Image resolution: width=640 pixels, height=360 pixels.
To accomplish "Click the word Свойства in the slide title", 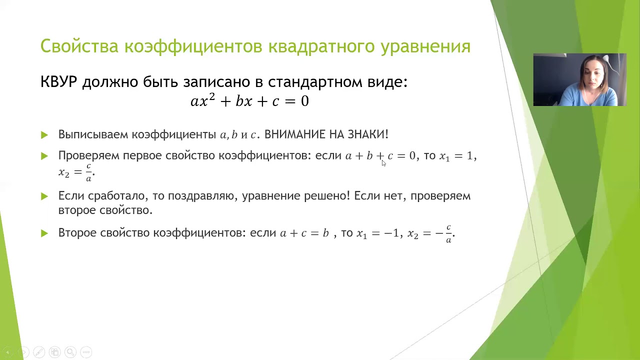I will pos(79,46).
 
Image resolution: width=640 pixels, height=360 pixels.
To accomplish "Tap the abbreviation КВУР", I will pos(58,82).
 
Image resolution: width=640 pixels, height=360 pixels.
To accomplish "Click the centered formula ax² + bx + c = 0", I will pos(249,101).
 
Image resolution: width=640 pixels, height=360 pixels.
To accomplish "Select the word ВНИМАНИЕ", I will pos(294,134).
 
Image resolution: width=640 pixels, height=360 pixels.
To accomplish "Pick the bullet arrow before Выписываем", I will pos(44,135).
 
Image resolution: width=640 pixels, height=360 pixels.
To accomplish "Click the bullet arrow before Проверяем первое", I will pos(44,156).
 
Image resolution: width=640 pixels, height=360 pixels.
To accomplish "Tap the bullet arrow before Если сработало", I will pos(44,196).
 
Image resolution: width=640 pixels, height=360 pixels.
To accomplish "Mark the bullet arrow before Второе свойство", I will pos(44,233).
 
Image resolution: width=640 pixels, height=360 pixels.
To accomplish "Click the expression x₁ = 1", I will pos(456,156).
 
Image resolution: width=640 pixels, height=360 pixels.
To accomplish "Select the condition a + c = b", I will pos(304,233).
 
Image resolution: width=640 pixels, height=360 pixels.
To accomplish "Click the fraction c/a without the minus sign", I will pos(88,172).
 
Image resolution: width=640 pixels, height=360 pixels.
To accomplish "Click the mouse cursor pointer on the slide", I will pos(383,162).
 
